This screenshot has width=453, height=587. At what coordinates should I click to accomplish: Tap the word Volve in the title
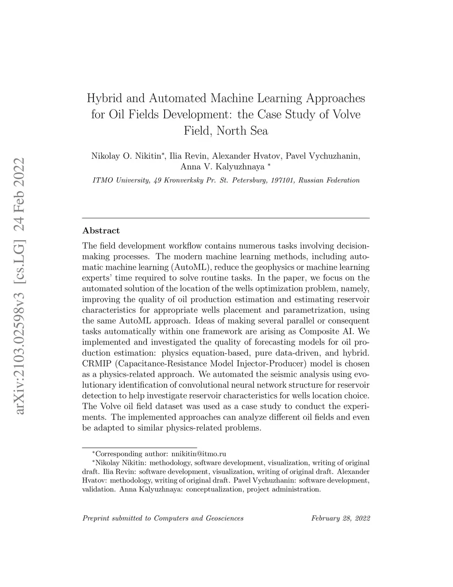click(346, 114)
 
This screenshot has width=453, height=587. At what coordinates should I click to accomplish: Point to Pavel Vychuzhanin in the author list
click(323, 156)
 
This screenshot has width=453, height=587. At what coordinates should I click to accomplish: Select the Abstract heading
click(101, 230)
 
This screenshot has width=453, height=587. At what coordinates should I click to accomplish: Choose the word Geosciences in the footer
click(225, 518)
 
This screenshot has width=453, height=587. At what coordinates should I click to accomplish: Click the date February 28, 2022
click(341, 518)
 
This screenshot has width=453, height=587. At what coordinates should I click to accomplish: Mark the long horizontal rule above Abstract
click(226, 218)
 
